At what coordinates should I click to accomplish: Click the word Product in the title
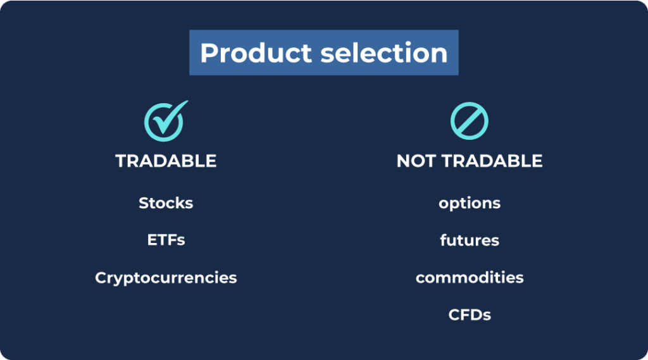coord(256,53)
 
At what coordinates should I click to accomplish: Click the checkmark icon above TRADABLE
coord(166,121)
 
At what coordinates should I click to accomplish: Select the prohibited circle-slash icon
coord(469,121)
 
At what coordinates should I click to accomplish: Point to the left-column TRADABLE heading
coord(166,161)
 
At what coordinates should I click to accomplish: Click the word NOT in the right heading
coord(416,161)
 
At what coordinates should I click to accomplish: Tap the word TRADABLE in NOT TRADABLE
coord(492,161)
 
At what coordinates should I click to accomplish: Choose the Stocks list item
coord(166,203)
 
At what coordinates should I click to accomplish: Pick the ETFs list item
coord(166,240)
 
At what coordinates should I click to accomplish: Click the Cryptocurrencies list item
coord(166,278)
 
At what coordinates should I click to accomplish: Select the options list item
coord(470,203)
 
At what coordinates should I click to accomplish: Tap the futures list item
coord(470,240)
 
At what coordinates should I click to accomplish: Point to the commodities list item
coord(470,277)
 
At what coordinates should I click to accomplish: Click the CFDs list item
coord(470,315)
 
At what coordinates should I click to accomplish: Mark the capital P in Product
coord(209,53)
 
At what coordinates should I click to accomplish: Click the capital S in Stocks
coord(144,203)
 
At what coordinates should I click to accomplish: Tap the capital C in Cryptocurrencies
coord(101,278)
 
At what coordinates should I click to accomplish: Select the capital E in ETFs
coord(152,240)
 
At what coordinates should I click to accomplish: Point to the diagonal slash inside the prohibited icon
coord(469,121)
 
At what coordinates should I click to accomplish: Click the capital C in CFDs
coord(454,315)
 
